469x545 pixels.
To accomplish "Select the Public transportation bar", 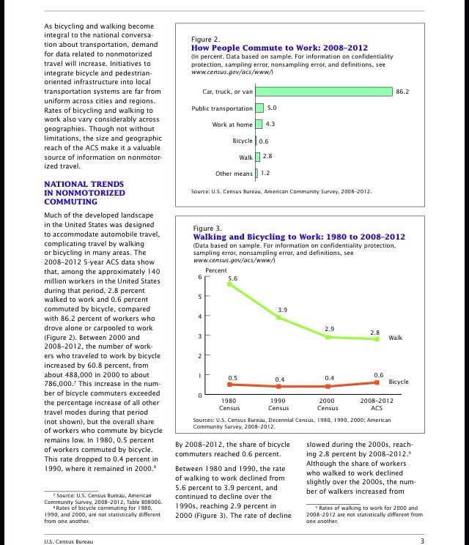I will click(x=259, y=108).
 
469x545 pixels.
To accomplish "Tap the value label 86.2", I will click(x=402, y=92).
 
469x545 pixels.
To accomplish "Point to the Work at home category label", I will click(x=232, y=125).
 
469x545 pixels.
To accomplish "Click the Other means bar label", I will click(x=234, y=174).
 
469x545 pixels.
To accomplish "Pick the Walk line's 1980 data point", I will click(x=229, y=284).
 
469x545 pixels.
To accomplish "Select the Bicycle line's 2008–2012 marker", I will click(x=377, y=382).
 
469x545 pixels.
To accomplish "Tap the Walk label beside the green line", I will click(x=396, y=338).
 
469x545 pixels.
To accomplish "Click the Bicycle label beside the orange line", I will click(x=399, y=382).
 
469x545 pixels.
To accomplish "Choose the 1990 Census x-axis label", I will click(x=278, y=405).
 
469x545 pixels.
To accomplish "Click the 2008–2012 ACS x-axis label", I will click(x=377, y=405).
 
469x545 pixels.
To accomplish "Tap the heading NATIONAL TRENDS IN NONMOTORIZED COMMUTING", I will click(x=84, y=193).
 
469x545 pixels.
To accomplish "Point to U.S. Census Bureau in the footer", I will click(x=71, y=541).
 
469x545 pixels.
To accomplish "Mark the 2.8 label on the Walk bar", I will click(x=267, y=157).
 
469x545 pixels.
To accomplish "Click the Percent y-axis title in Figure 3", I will click(x=216, y=270).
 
